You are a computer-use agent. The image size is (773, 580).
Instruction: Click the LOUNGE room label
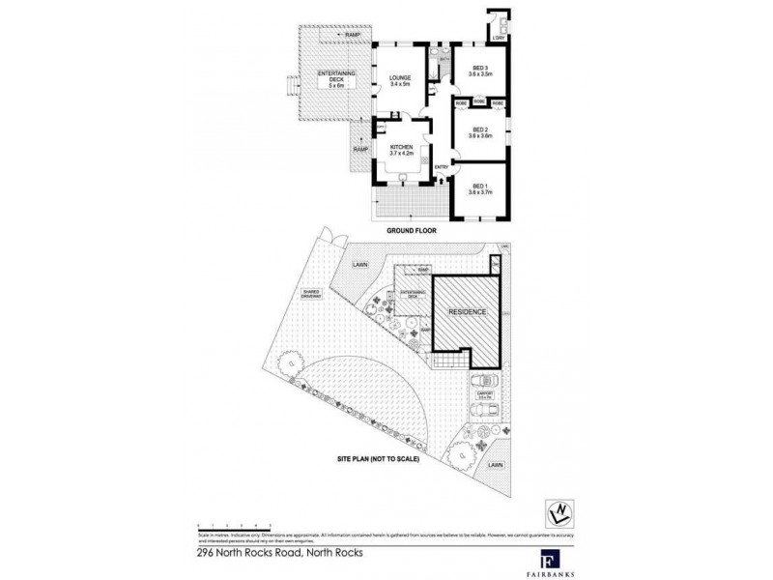coord(400,80)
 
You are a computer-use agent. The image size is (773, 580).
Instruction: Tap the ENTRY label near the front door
coord(442,167)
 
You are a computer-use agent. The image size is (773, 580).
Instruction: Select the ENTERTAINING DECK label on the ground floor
coord(333,76)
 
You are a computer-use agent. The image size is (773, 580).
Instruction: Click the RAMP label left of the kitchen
coord(359,150)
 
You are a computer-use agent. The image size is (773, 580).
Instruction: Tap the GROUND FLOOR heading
coord(415,230)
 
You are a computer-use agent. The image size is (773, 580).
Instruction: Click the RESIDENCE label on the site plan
coord(468,312)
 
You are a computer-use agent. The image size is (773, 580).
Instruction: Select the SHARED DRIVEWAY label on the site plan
coord(311,293)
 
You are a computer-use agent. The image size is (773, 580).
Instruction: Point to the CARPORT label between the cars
coord(485,394)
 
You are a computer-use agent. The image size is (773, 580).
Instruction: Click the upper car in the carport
coord(484,381)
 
